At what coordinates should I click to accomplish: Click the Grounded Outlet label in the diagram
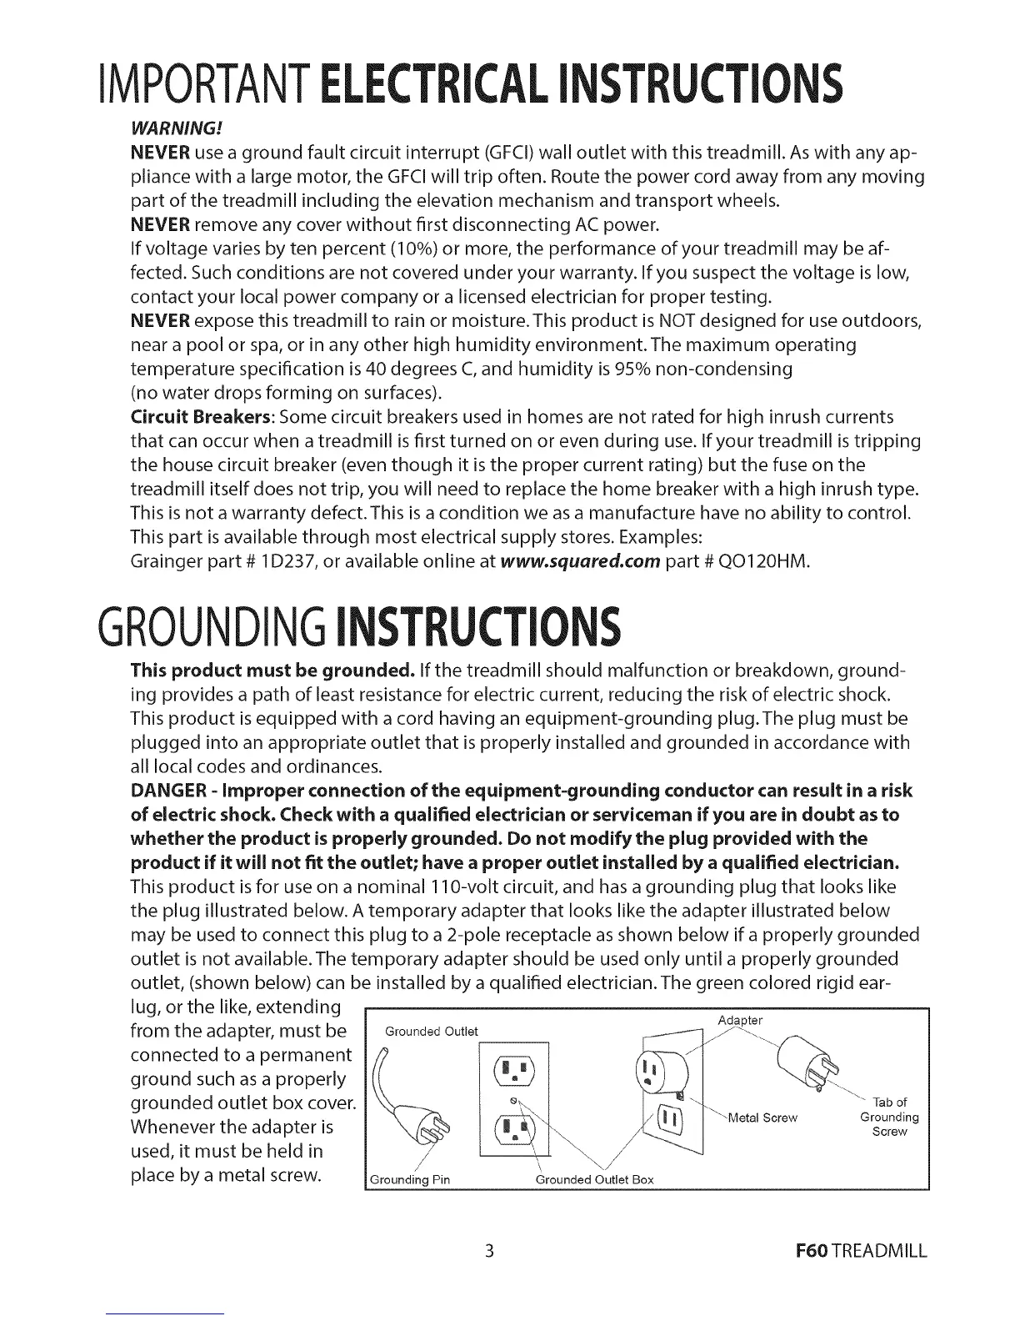click(432, 1032)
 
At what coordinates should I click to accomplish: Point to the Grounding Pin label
click(409, 1179)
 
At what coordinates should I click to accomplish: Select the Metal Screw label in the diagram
click(763, 1118)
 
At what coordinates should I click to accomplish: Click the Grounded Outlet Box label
click(594, 1179)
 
